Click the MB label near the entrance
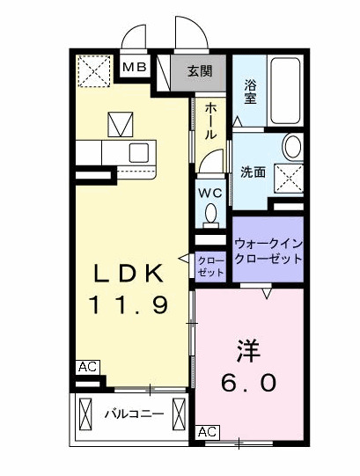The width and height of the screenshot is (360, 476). [135, 66]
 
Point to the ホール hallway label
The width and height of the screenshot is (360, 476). [211, 122]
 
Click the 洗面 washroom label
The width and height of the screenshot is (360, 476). [254, 172]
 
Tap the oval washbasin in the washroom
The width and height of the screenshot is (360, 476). [292, 146]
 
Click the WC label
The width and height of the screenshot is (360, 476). [209, 193]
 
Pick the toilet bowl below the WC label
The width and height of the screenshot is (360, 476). [210, 214]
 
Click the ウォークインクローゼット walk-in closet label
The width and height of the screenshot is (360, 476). [268, 252]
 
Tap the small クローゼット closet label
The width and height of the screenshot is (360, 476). [209, 267]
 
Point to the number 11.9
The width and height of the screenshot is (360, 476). [129, 304]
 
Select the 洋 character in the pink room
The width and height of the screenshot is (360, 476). [247, 350]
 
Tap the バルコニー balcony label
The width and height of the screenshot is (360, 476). [133, 413]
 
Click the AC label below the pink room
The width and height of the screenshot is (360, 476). [207, 432]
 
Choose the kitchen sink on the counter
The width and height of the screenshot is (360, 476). [138, 152]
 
